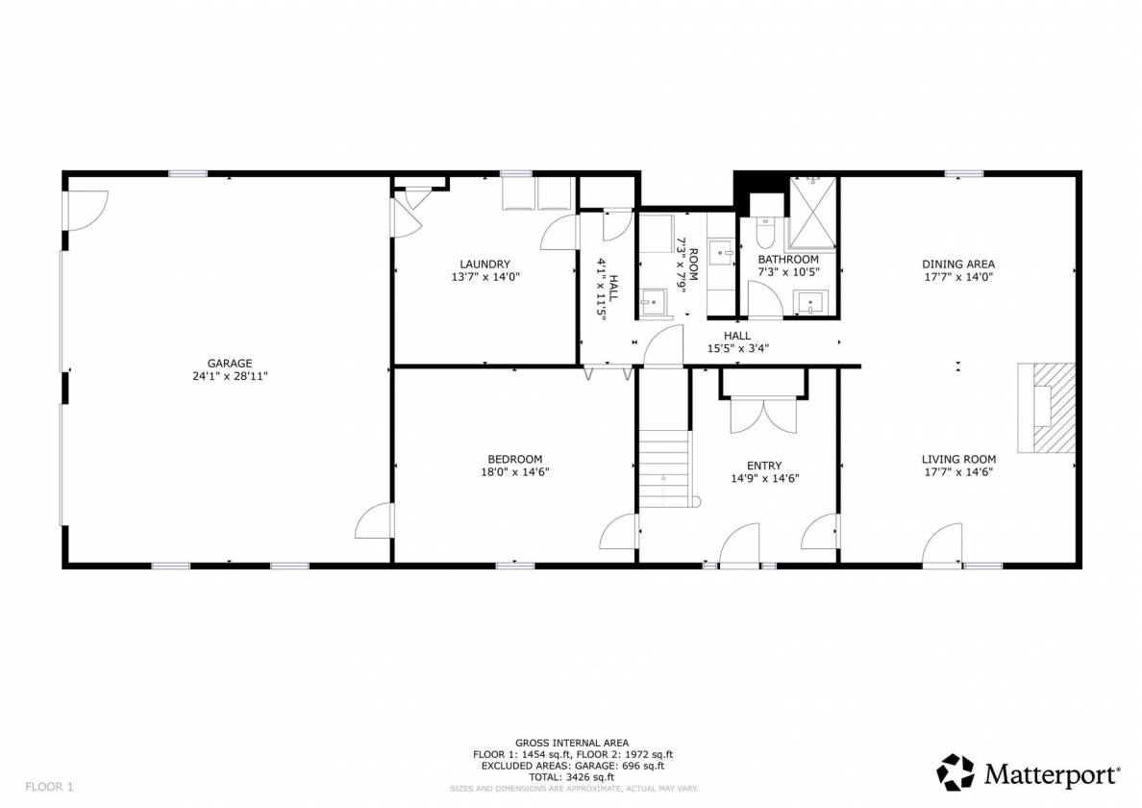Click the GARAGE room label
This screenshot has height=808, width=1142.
(230, 363)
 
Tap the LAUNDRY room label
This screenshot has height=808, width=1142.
(485, 264)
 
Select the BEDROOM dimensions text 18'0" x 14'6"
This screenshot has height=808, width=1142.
(515, 471)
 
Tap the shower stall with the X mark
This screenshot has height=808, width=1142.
(814, 213)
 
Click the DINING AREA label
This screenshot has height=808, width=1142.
(958, 264)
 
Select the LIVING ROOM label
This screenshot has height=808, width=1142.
(958, 459)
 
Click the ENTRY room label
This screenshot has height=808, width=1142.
(764, 466)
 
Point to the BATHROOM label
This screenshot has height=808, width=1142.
(788, 259)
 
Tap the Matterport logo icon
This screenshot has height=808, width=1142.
(955, 772)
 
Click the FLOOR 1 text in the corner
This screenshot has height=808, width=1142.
(50, 787)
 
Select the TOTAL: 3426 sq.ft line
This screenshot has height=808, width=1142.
(573, 776)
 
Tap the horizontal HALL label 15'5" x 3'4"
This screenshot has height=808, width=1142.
(737, 341)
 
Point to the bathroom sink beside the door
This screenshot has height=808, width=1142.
(810, 302)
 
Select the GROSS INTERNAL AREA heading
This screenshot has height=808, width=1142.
(573, 744)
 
